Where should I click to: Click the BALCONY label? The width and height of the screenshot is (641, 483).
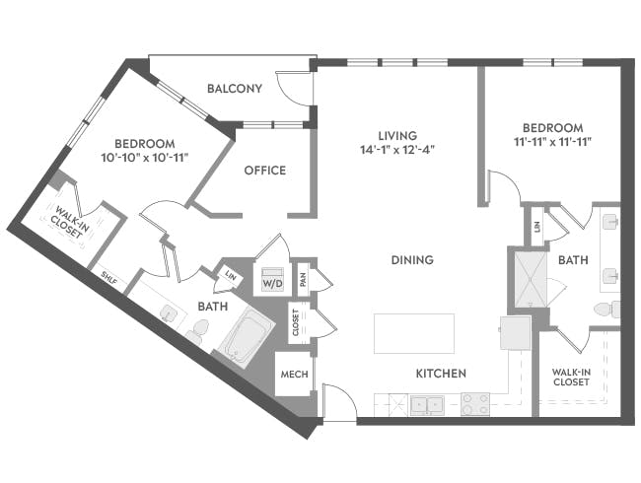pyautogui.click(x=234, y=90)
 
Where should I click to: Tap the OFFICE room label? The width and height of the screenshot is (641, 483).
pyautogui.click(x=264, y=171)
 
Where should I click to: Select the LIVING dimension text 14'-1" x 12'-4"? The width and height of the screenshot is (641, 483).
pyautogui.click(x=398, y=151)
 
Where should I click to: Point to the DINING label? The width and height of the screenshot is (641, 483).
pyautogui.click(x=411, y=260)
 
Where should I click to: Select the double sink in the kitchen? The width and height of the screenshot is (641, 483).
pyautogui.click(x=427, y=403)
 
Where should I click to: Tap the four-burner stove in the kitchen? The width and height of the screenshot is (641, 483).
pyautogui.click(x=475, y=403)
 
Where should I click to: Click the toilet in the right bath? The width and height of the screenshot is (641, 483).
pyautogui.click(x=605, y=310)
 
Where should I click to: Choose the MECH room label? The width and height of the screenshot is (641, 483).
pyautogui.click(x=293, y=376)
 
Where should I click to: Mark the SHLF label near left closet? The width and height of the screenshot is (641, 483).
pyautogui.click(x=109, y=280)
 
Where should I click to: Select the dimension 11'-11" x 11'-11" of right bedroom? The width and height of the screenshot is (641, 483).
pyautogui.click(x=552, y=143)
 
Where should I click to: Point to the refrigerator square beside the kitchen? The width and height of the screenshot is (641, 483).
pyautogui.click(x=516, y=332)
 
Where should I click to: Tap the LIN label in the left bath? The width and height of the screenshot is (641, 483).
pyautogui.click(x=230, y=276)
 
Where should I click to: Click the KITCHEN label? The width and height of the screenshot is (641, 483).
pyautogui.click(x=440, y=374)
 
